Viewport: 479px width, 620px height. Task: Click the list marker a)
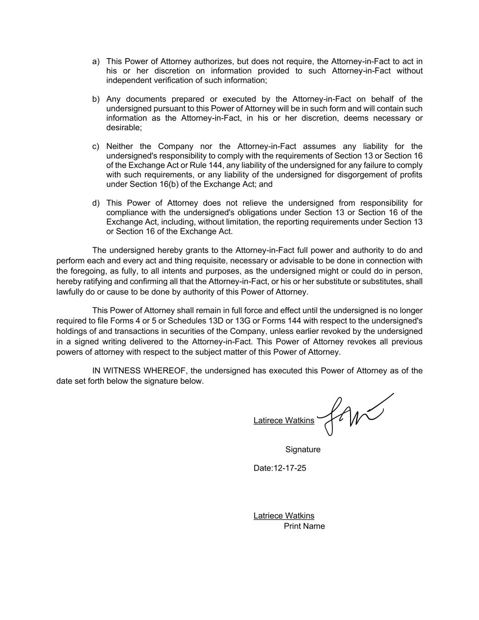coord(96,61)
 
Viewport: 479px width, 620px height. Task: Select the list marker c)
coord(96,146)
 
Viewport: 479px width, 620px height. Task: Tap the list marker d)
coord(96,203)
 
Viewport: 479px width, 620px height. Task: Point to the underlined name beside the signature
coord(284,421)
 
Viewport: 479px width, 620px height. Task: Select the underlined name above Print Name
coord(284,516)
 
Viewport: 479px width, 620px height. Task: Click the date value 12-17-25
coord(289,468)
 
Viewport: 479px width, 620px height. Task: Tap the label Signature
coord(303,450)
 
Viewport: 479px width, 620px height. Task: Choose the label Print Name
coord(304,526)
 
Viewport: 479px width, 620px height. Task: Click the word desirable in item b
coord(123,128)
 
